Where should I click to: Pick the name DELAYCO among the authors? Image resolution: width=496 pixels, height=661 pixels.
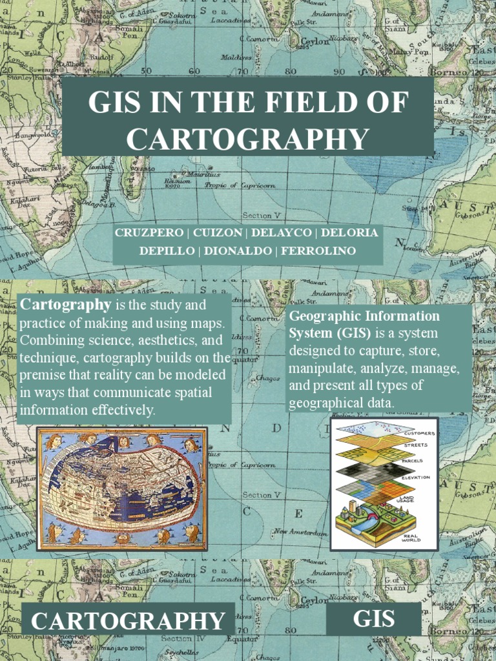[x=282, y=232]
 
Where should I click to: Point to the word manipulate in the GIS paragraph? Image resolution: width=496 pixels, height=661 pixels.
[x=319, y=369]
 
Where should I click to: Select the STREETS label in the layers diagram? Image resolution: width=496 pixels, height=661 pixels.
[x=415, y=445]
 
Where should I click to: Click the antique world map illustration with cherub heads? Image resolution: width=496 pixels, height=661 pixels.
[x=121, y=489]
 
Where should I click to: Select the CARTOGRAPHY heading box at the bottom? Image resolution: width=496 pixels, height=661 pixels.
[x=128, y=621]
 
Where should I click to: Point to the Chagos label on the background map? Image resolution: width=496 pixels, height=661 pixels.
[x=267, y=378]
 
